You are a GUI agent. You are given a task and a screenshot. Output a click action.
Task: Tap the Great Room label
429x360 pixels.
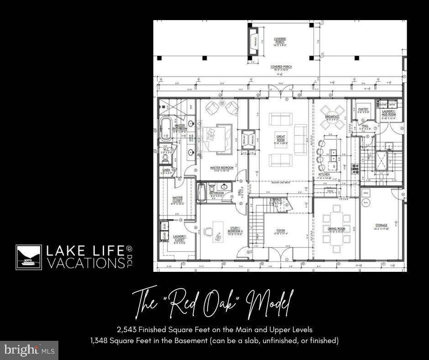pos(281,139)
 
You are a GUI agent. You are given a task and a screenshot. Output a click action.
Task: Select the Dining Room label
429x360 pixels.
pos(336,229)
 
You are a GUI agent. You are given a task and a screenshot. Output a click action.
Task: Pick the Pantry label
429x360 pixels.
pos(363,110)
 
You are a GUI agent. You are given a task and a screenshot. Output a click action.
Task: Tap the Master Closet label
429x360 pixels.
pos(178,200)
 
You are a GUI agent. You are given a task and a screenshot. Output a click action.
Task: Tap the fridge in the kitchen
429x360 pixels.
pos(330,191)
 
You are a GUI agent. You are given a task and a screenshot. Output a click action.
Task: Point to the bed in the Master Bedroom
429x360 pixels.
pos(216,136)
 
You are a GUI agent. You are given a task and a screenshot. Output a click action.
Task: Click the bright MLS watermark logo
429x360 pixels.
pos(30,350)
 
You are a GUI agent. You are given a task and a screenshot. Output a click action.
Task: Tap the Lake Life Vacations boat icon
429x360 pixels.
pos(29,257)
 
